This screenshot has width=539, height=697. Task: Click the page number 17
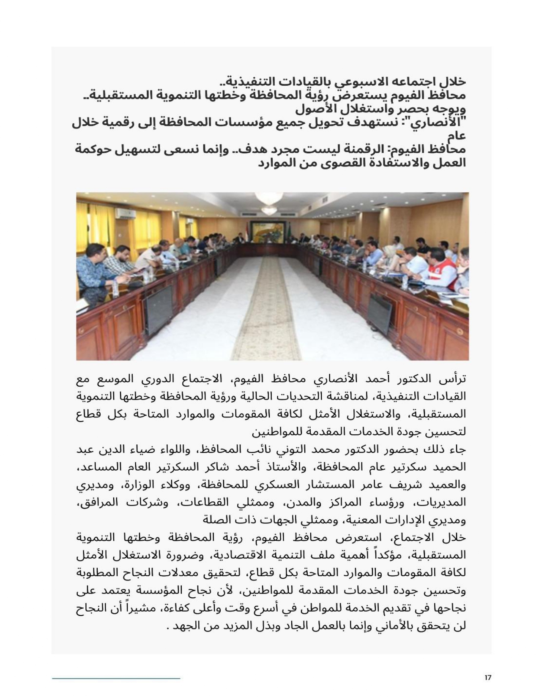tap(488, 678)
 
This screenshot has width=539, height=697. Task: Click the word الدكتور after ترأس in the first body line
tap(412, 379)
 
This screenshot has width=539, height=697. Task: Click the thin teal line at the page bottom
tap(116, 678)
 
